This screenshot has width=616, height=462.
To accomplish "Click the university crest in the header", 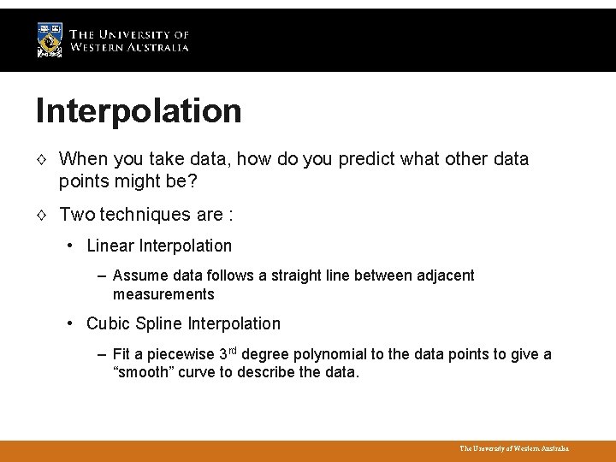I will (x=50, y=40).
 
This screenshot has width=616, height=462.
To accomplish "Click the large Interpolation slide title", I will (x=139, y=110).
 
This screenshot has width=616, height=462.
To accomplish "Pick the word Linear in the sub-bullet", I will (x=110, y=246).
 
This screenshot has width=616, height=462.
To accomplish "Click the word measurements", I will (x=163, y=294).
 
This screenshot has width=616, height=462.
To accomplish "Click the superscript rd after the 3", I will (x=234, y=350).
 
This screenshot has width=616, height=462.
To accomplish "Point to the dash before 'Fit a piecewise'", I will (x=102, y=354).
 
